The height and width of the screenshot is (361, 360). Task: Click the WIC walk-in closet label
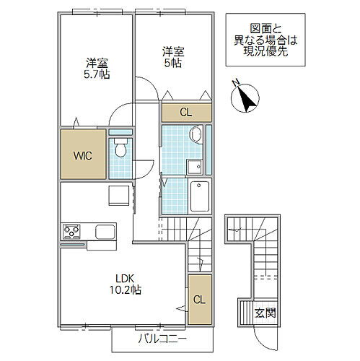[83, 156]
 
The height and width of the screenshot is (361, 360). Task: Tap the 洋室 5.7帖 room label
[97, 69]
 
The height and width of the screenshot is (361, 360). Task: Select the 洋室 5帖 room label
[173, 57]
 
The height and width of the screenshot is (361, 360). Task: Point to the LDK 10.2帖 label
[125, 284]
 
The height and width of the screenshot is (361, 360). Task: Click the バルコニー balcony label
[162, 339]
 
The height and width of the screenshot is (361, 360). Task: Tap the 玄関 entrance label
[265, 313]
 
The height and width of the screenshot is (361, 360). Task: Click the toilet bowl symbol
[120, 147]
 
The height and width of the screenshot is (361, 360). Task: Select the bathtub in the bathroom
[200, 196]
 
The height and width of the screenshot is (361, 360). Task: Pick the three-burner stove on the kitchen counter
[71, 232]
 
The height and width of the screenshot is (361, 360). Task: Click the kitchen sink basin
[105, 232]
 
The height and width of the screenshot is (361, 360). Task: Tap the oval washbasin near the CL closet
[196, 135]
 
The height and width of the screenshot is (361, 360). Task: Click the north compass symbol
[245, 98]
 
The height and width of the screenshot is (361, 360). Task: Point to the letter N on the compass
[236, 82]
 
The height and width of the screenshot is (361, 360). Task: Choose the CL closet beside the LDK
[200, 300]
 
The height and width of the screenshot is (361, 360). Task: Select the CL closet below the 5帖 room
[186, 113]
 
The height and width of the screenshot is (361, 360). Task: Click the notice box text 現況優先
[265, 51]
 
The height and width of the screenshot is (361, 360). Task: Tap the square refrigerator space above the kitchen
[119, 196]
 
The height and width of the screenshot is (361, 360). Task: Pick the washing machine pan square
[195, 167]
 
